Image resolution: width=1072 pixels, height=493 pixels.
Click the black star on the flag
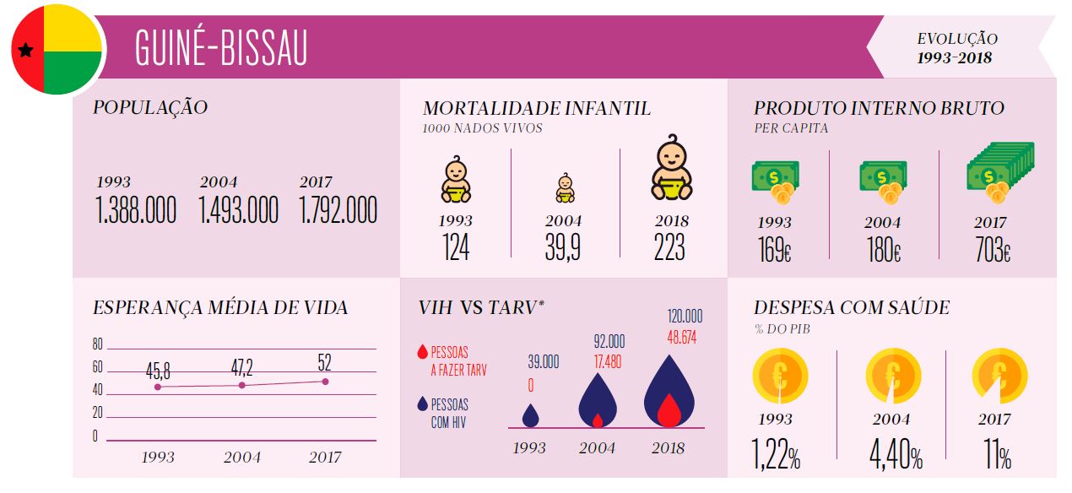[25, 51]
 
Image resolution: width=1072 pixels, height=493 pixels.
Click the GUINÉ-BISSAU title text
[221, 48]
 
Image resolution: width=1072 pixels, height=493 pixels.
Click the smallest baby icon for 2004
[565, 188]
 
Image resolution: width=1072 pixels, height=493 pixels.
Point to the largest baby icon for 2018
[671, 168]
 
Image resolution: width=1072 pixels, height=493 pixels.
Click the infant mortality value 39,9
[562, 247]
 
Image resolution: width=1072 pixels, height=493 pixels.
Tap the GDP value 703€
[993, 251]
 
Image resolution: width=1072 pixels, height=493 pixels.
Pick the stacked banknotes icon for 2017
[1000, 172]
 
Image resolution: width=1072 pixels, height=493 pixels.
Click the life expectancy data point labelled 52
[325, 382]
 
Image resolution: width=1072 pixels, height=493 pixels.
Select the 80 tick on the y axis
[97, 344]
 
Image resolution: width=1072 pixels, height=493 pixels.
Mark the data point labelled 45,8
[158, 387]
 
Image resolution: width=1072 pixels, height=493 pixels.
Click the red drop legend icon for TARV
[423, 352]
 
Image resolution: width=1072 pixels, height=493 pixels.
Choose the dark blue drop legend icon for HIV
[423, 405]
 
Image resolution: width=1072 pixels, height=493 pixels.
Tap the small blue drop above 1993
[530, 415]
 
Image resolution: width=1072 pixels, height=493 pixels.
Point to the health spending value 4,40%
[895, 457]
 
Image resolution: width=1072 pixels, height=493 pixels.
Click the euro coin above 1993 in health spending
[780, 375]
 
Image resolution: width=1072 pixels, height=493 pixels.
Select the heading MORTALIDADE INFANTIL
[537, 109]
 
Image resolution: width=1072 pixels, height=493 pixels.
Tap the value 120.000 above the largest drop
[684, 317]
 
